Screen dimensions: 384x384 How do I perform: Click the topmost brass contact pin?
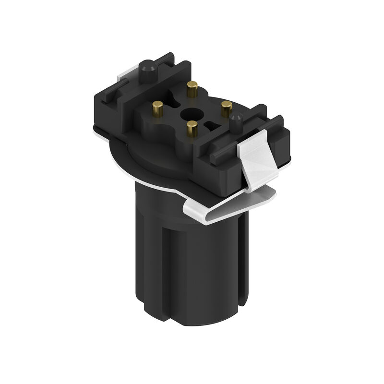pyautogui.click(x=192, y=88)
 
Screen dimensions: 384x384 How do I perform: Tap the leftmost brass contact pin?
pyautogui.click(x=157, y=108)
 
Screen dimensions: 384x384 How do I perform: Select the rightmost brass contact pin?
pyautogui.click(x=227, y=108)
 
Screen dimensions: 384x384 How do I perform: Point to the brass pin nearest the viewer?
pyautogui.click(x=192, y=128)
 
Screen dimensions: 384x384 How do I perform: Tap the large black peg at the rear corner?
pyautogui.click(x=148, y=71)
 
